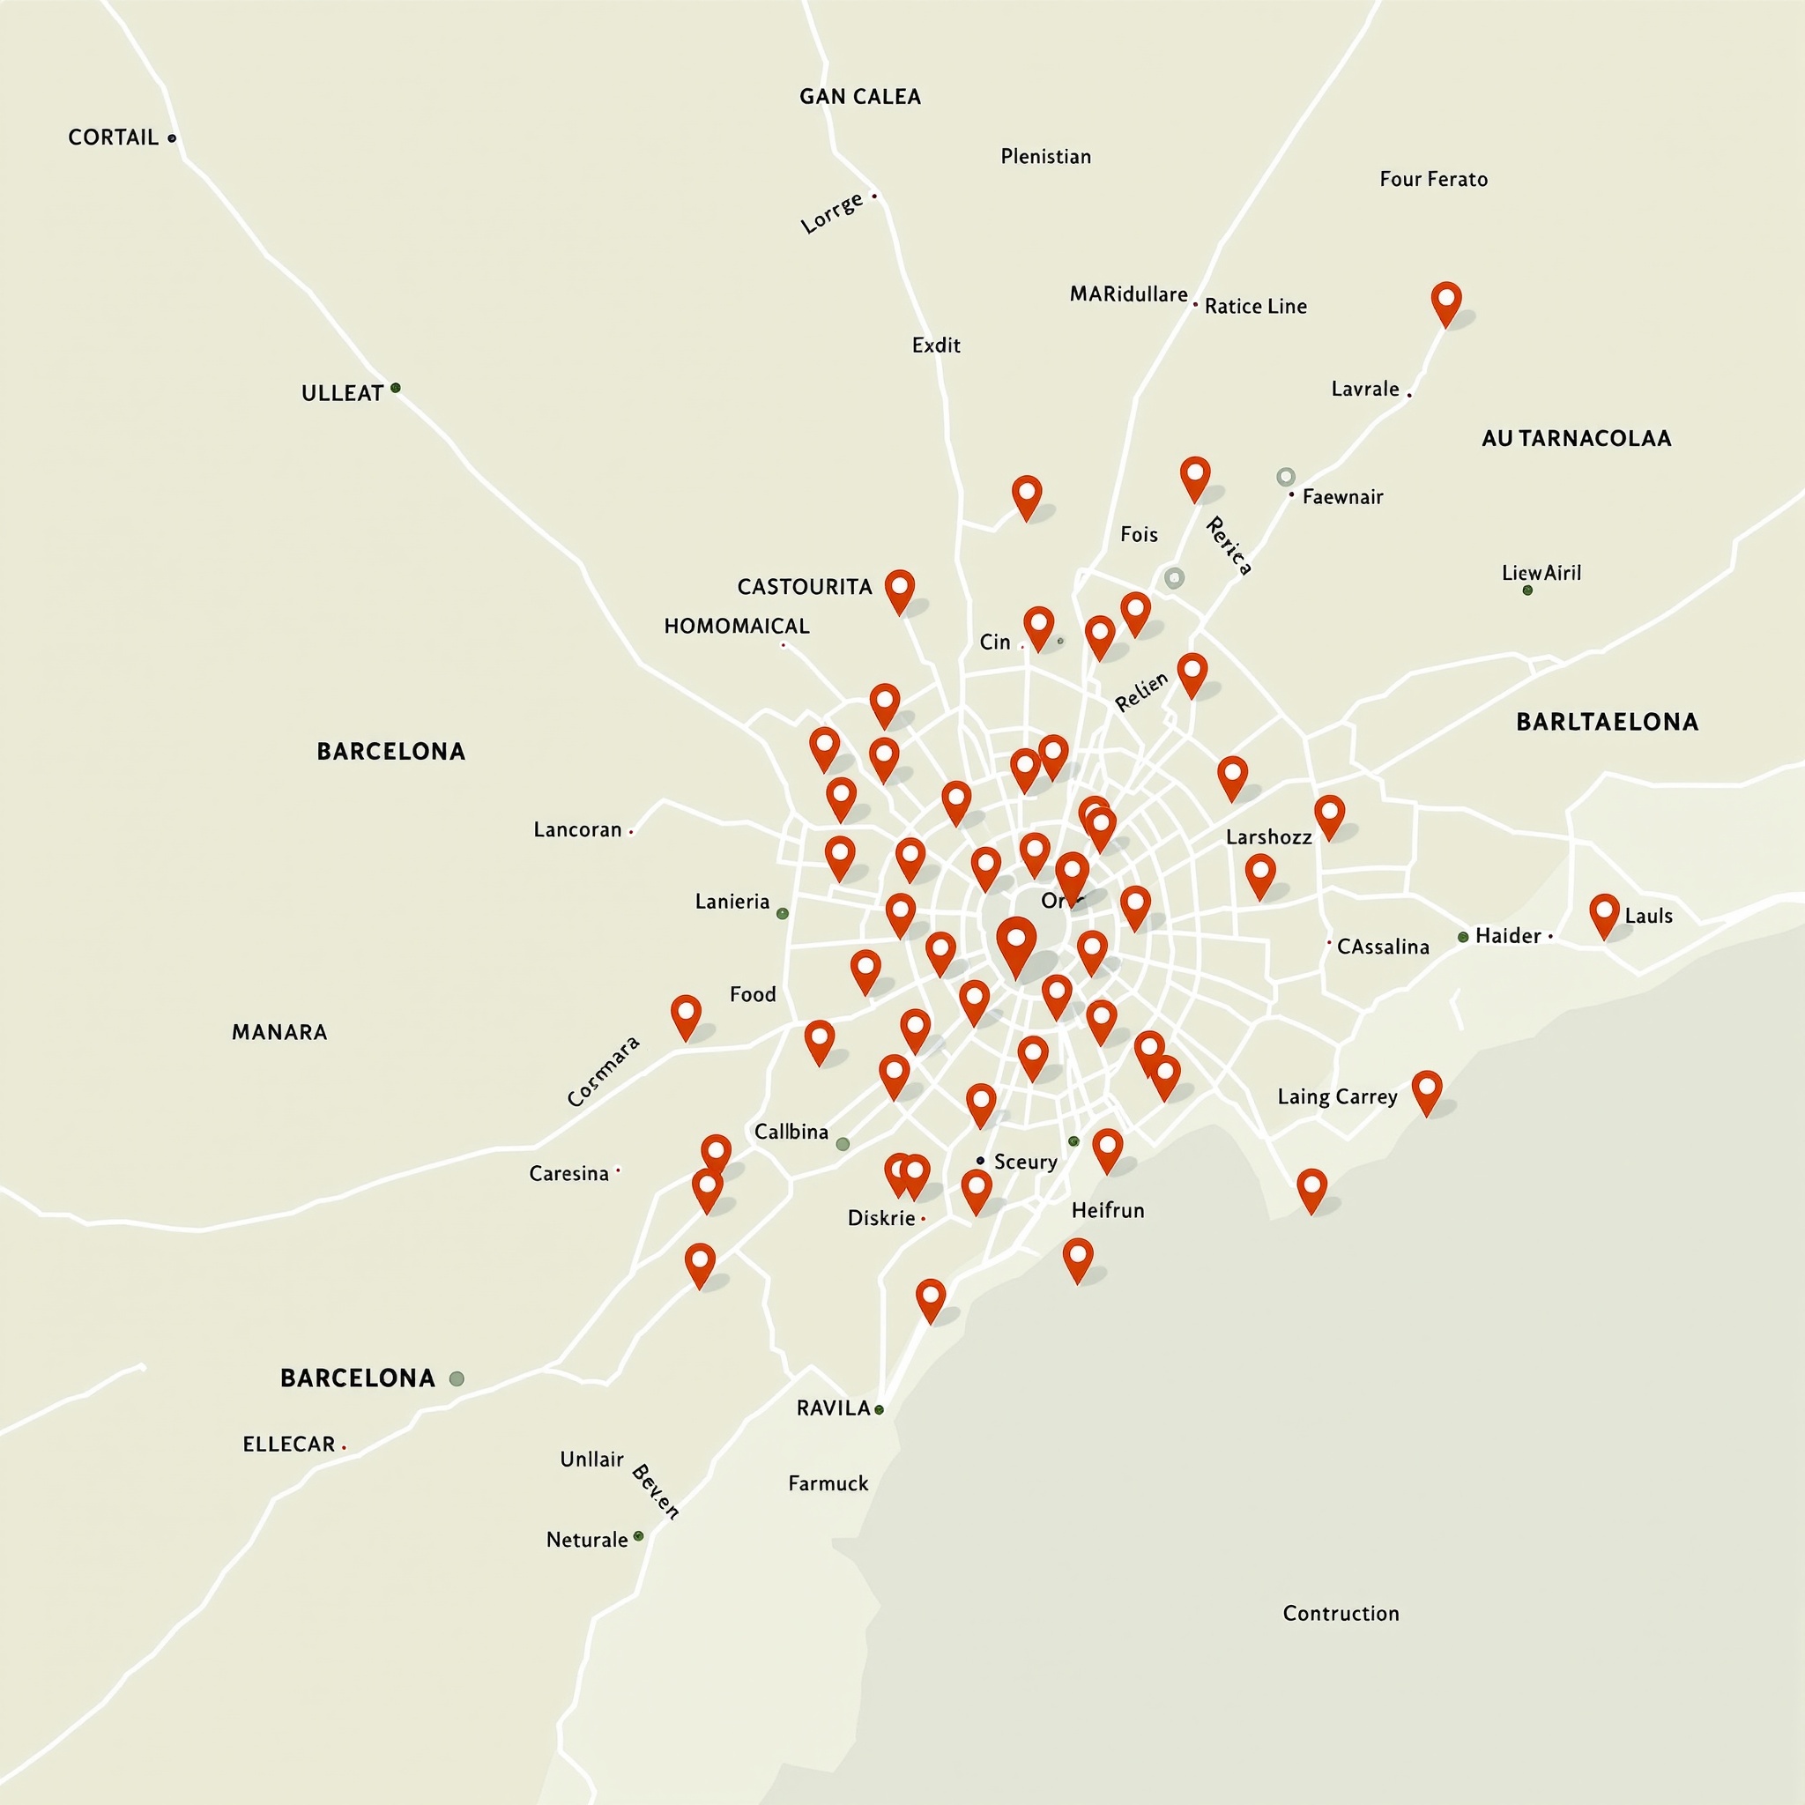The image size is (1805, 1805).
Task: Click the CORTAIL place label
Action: click(x=113, y=137)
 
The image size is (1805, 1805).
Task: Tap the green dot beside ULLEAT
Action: click(x=395, y=388)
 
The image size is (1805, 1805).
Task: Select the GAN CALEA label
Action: click(x=859, y=96)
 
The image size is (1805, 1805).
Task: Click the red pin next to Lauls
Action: click(x=1604, y=913)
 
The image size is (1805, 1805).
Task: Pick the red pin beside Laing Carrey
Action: click(x=1427, y=1090)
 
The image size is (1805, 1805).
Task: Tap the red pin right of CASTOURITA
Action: click(x=900, y=590)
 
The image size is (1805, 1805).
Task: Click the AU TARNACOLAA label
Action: click(x=1576, y=438)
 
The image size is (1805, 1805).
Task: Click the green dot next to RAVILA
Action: click(x=879, y=1410)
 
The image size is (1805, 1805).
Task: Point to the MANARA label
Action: click(x=279, y=1031)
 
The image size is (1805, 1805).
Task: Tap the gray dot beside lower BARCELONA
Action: click(x=457, y=1378)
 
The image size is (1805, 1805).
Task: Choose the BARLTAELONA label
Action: click(x=1607, y=721)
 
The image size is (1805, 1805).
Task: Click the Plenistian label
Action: click(x=1045, y=156)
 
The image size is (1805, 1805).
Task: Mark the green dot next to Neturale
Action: click(x=639, y=1536)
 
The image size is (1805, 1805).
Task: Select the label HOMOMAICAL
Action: click(x=736, y=626)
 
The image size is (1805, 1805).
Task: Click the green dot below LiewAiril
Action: click(x=1527, y=591)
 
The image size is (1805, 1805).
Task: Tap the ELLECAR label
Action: click(x=289, y=1445)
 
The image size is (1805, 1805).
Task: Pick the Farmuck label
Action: click(x=828, y=1483)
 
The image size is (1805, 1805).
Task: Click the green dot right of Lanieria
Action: click(x=783, y=914)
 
